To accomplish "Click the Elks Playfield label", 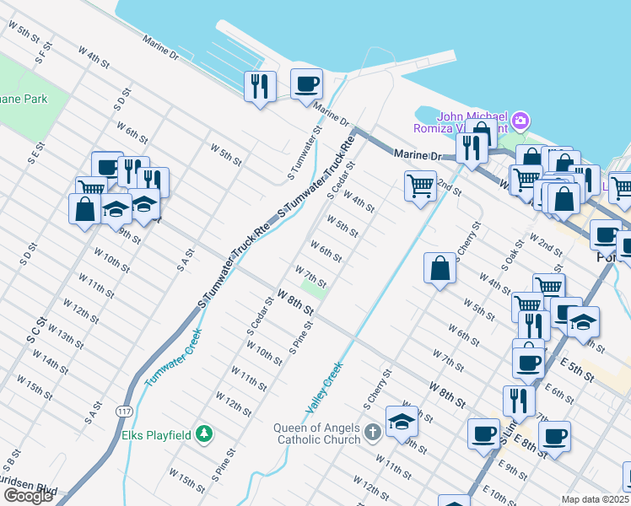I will (x=159, y=435).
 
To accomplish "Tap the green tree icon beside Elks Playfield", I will (x=203, y=434).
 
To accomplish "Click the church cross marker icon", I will (x=373, y=433).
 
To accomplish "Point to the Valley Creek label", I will (x=324, y=388).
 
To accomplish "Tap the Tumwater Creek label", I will (x=173, y=357).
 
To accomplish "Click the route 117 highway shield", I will (x=124, y=411).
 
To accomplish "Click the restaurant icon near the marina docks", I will (x=260, y=86).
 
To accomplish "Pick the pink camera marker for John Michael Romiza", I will (x=519, y=121).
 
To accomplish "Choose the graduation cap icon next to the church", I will (x=402, y=422).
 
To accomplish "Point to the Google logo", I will (x=28, y=496).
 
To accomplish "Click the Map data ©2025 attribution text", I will (x=596, y=499).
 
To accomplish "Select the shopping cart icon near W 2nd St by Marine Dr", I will (x=420, y=185).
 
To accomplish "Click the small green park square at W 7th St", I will (x=313, y=289).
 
